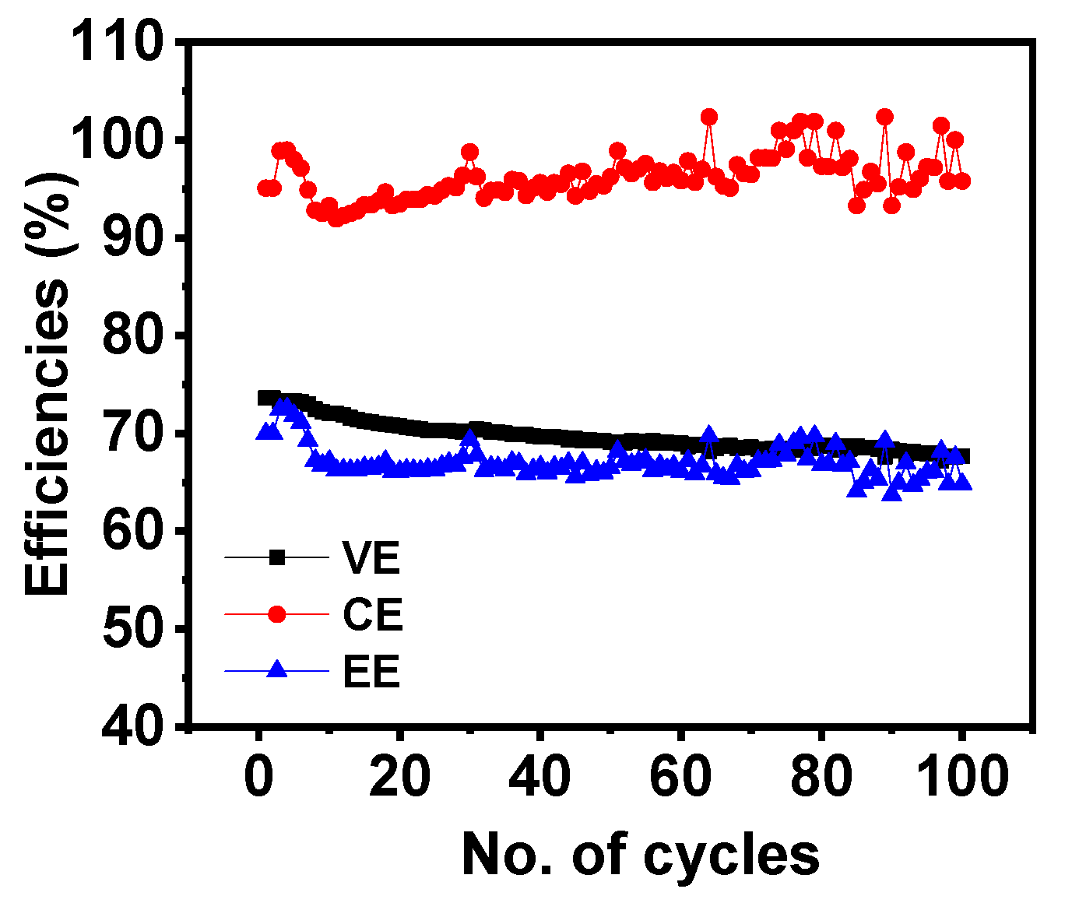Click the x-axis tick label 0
[258, 776]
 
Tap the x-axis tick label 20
[399, 776]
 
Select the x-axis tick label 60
[681, 776]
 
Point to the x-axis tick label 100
[962, 776]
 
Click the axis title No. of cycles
[640, 855]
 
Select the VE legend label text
[371, 557]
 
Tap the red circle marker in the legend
[277, 614]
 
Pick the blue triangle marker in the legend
[277, 669]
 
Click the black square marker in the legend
[277, 557]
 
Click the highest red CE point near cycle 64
[708, 117]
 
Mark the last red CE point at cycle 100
[962, 181]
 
